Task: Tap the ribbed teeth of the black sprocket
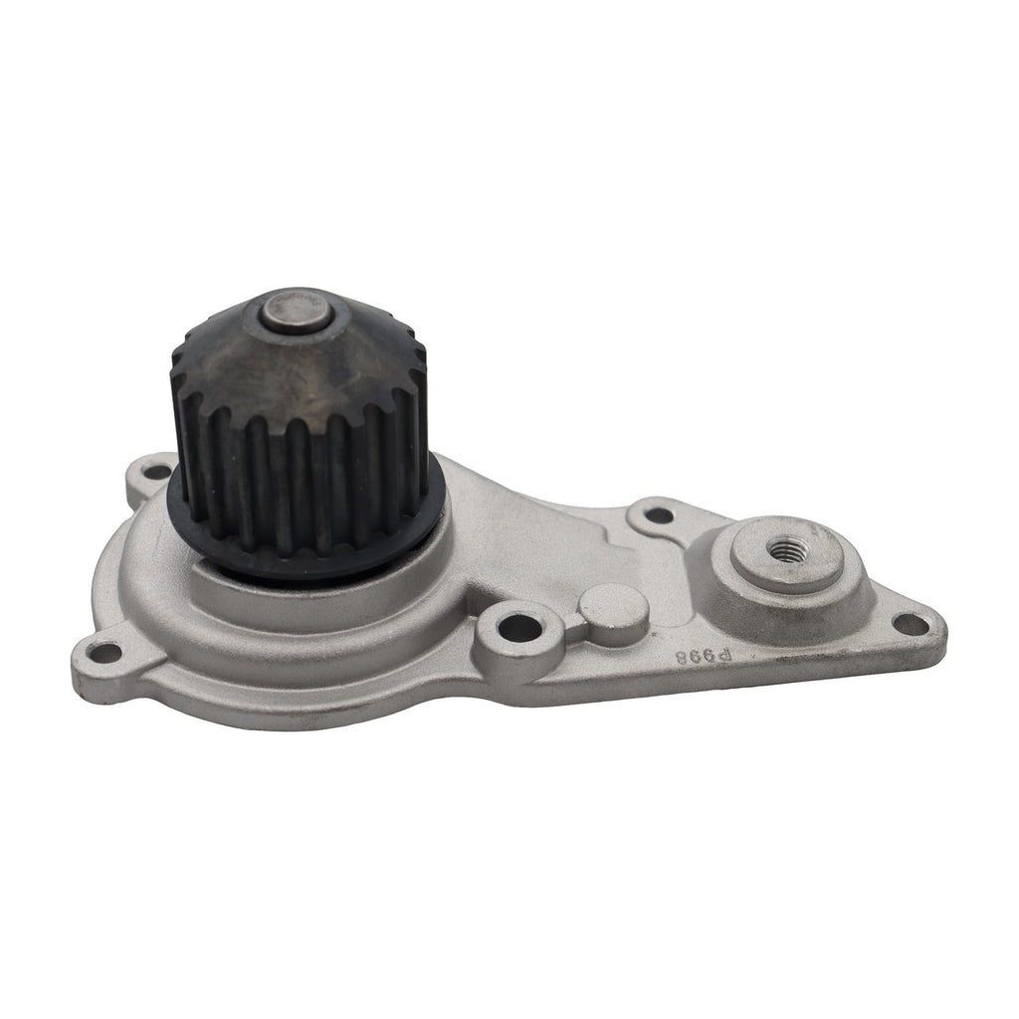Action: click(x=299, y=468)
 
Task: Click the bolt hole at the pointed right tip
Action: click(x=909, y=624)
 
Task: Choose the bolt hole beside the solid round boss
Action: click(x=514, y=628)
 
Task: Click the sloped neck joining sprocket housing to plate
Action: click(x=517, y=527)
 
